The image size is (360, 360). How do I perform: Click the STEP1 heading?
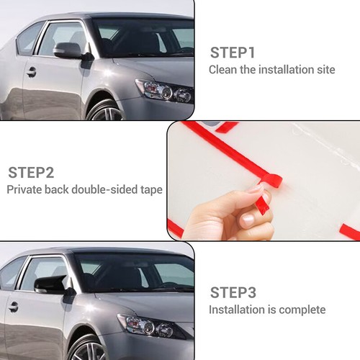coord(232,53)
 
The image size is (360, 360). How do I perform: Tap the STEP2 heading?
coord(31,173)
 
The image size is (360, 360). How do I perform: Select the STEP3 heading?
coord(233,292)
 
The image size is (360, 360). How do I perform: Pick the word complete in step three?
coord(302,310)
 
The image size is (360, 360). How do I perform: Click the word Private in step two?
coord(24,189)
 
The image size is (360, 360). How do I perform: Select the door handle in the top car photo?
coord(31,72)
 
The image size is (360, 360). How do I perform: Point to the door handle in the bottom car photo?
coord(13,307)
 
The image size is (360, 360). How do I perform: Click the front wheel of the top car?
coord(106,110)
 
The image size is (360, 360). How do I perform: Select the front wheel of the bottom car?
coord(86,348)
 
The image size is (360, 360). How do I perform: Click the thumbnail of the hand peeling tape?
coord(264,181)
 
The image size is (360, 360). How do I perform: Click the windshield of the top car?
coord(144,38)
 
